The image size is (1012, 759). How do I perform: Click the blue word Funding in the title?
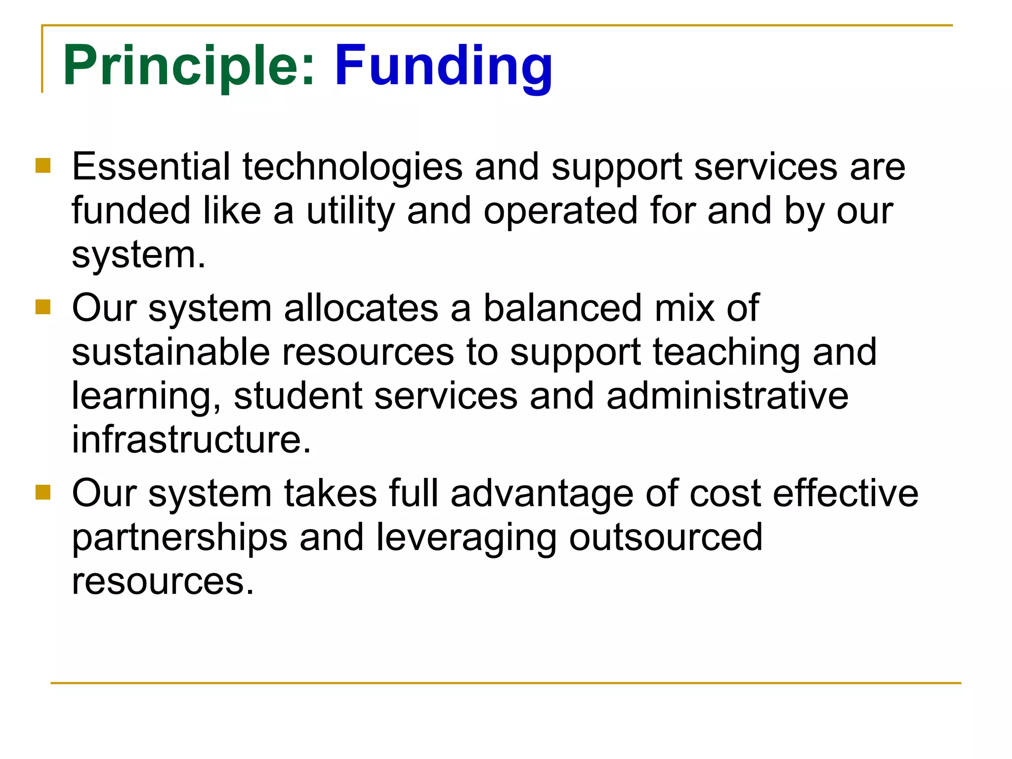pos(443,66)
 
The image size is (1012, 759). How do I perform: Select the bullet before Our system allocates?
pos(43,307)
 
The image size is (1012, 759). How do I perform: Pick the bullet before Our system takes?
pos(43,492)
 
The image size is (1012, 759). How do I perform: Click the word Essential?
pos(151,167)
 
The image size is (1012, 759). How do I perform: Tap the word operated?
pos(560,211)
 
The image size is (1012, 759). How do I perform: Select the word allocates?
pos(361,308)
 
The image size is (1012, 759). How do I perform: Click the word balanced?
pos(562,308)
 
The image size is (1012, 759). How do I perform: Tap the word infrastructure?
pos(191,439)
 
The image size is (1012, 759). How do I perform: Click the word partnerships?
pos(179,538)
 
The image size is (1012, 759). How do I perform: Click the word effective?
pos(845,493)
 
